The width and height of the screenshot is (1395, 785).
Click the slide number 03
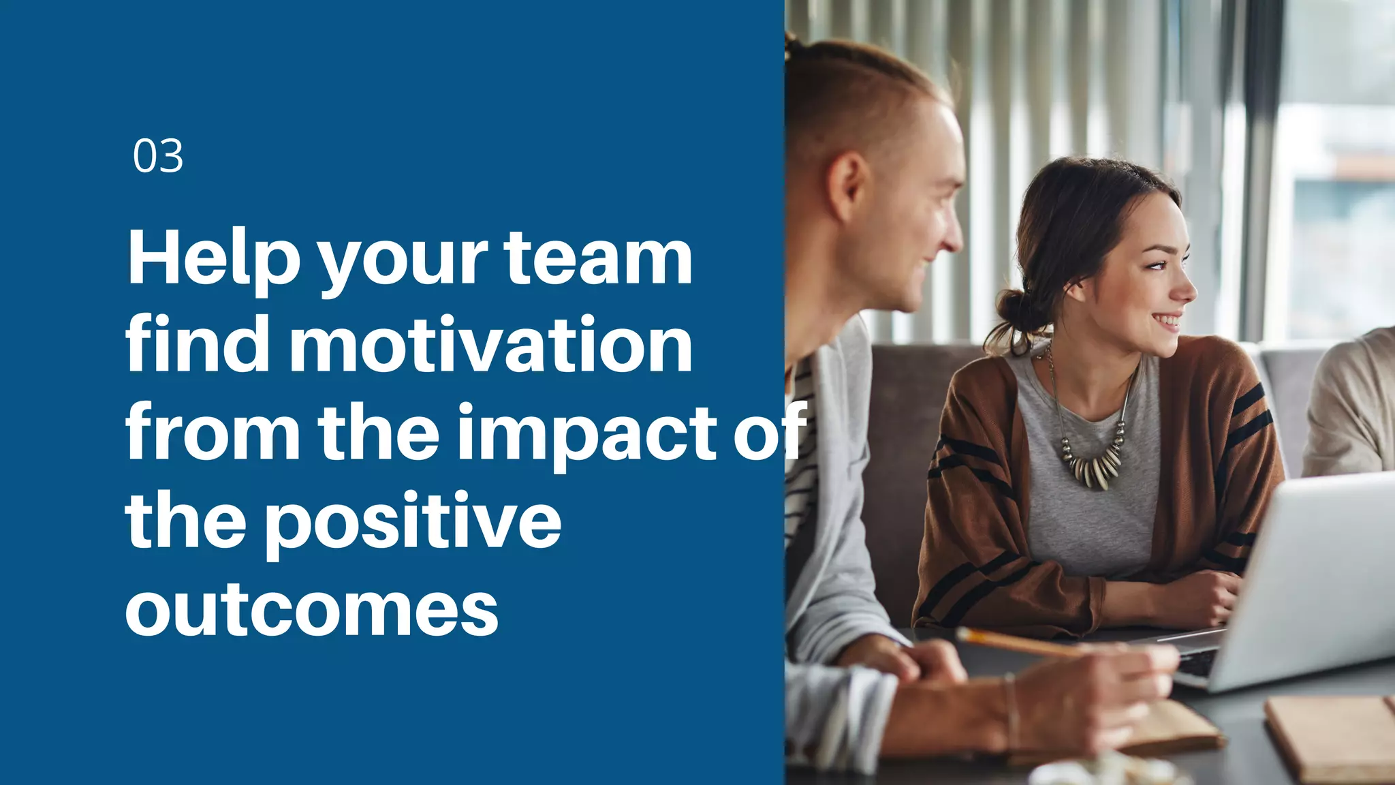pos(158,156)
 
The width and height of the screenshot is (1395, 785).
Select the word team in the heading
pos(597,259)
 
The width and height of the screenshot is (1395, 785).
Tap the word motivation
pos(490,346)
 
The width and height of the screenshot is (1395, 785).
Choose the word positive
pos(413,521)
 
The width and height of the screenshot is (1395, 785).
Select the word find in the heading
pos(198,346)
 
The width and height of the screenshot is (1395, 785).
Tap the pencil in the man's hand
pos(1022,641)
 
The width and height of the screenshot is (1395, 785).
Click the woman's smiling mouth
pos(1167,320)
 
